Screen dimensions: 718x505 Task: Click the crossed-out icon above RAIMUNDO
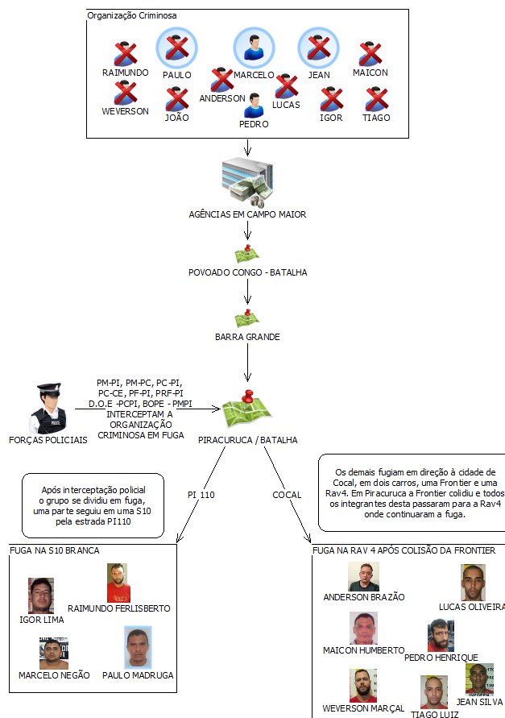coord(126,55)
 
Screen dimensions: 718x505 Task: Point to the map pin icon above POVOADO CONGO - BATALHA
coord(247,254)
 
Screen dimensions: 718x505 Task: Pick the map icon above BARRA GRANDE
coord(247,317)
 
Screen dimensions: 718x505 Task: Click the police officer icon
coord(48,409)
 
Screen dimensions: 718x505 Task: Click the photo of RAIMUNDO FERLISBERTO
coord(118,583)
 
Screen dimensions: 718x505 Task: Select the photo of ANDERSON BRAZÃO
coord(363,577)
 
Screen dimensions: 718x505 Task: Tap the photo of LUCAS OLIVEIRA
coord(473,582)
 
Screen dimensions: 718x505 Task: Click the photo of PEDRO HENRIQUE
coord(441,636)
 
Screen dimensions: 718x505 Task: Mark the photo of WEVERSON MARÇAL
coord(362,685)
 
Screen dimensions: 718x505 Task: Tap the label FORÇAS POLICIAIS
coord(48,441)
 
